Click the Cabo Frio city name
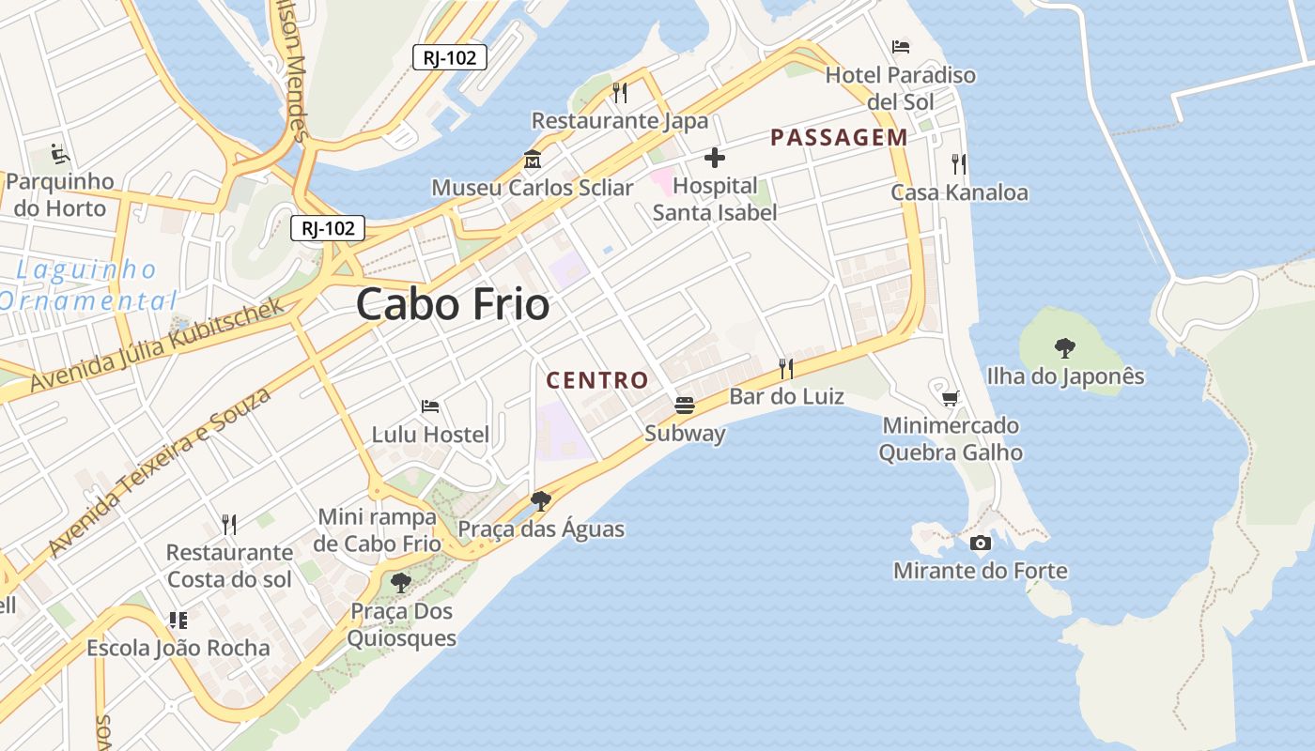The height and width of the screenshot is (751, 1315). coord(453,305)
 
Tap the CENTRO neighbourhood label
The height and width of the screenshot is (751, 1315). coord(597,380)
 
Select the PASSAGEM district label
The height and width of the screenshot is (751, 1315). coord(839,137)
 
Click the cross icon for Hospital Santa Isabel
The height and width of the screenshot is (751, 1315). coord(715,158)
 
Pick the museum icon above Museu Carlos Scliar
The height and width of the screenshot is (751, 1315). coord(533,160)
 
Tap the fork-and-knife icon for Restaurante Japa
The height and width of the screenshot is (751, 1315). coord(619,92)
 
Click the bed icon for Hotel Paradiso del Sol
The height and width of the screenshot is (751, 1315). coord(901,46)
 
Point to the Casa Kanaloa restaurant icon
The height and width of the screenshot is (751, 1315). coord(958,164)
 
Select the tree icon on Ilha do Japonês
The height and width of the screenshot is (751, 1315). coord(1064,348)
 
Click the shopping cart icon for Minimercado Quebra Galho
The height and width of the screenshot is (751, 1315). coord(951,398)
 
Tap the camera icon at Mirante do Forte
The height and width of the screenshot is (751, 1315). coord(980,543)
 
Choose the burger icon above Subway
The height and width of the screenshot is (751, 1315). coord(685,406)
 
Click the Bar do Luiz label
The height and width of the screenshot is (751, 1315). coord(786,396)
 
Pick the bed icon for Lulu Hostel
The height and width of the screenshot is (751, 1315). coord(430,406)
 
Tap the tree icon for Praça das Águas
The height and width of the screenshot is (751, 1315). coord(540,500)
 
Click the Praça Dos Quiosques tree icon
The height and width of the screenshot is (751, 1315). coord(401,583)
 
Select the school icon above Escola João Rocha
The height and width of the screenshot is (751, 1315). coord(178,620)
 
